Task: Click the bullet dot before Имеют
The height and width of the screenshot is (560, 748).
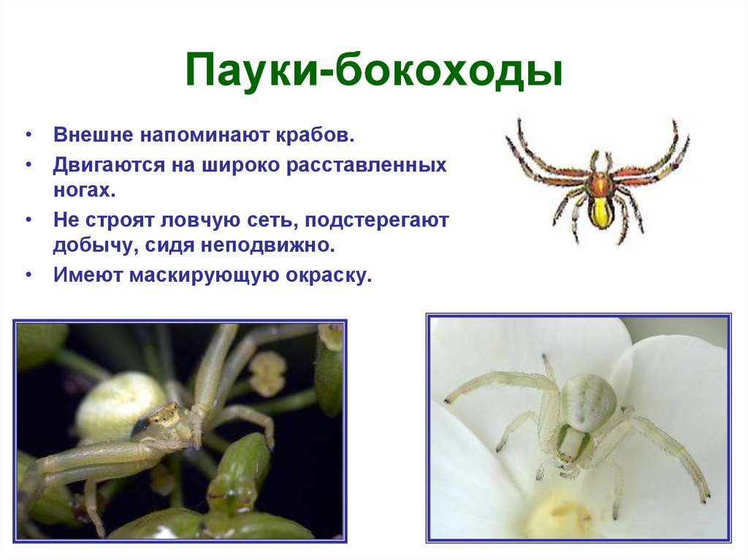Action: [x=28, y=276]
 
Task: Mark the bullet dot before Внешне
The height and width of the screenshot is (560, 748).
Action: [x=28, y=137]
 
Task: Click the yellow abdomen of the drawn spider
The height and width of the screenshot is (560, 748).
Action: [x=601, y=212]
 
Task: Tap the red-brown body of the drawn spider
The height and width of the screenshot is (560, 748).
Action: [x=600, y=183]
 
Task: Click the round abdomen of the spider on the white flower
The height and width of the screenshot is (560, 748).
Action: [x=588, y=401]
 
